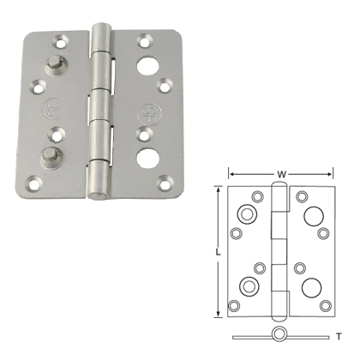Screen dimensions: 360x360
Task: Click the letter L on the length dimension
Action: point(219,254)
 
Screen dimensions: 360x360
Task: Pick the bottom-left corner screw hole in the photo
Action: point(35,181)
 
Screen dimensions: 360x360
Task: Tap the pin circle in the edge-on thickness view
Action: point(279,334)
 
